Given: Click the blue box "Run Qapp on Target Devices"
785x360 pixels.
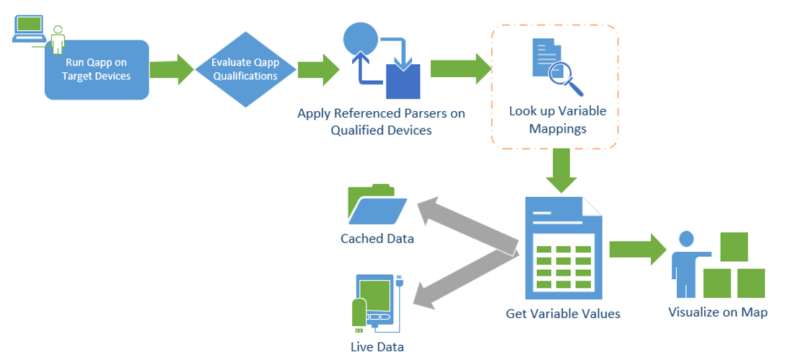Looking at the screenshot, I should [97, 70].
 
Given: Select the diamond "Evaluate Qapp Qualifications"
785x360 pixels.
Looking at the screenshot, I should [245, 69].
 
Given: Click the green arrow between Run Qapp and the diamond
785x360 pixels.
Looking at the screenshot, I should [172, 70].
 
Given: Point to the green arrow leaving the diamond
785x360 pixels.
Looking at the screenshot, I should [318, 69].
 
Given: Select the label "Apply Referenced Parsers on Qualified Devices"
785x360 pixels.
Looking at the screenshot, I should [381, 122].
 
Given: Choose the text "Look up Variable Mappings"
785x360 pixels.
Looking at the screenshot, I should [557, 120].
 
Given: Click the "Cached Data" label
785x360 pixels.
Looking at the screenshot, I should [377, 239].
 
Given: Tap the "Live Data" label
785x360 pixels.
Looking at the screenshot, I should [377, 347].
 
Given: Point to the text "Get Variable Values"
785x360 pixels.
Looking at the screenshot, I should [563, 314].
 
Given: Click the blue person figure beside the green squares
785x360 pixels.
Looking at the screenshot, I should [685, 263].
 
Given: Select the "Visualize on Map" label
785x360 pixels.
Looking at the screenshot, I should [717, 312].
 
